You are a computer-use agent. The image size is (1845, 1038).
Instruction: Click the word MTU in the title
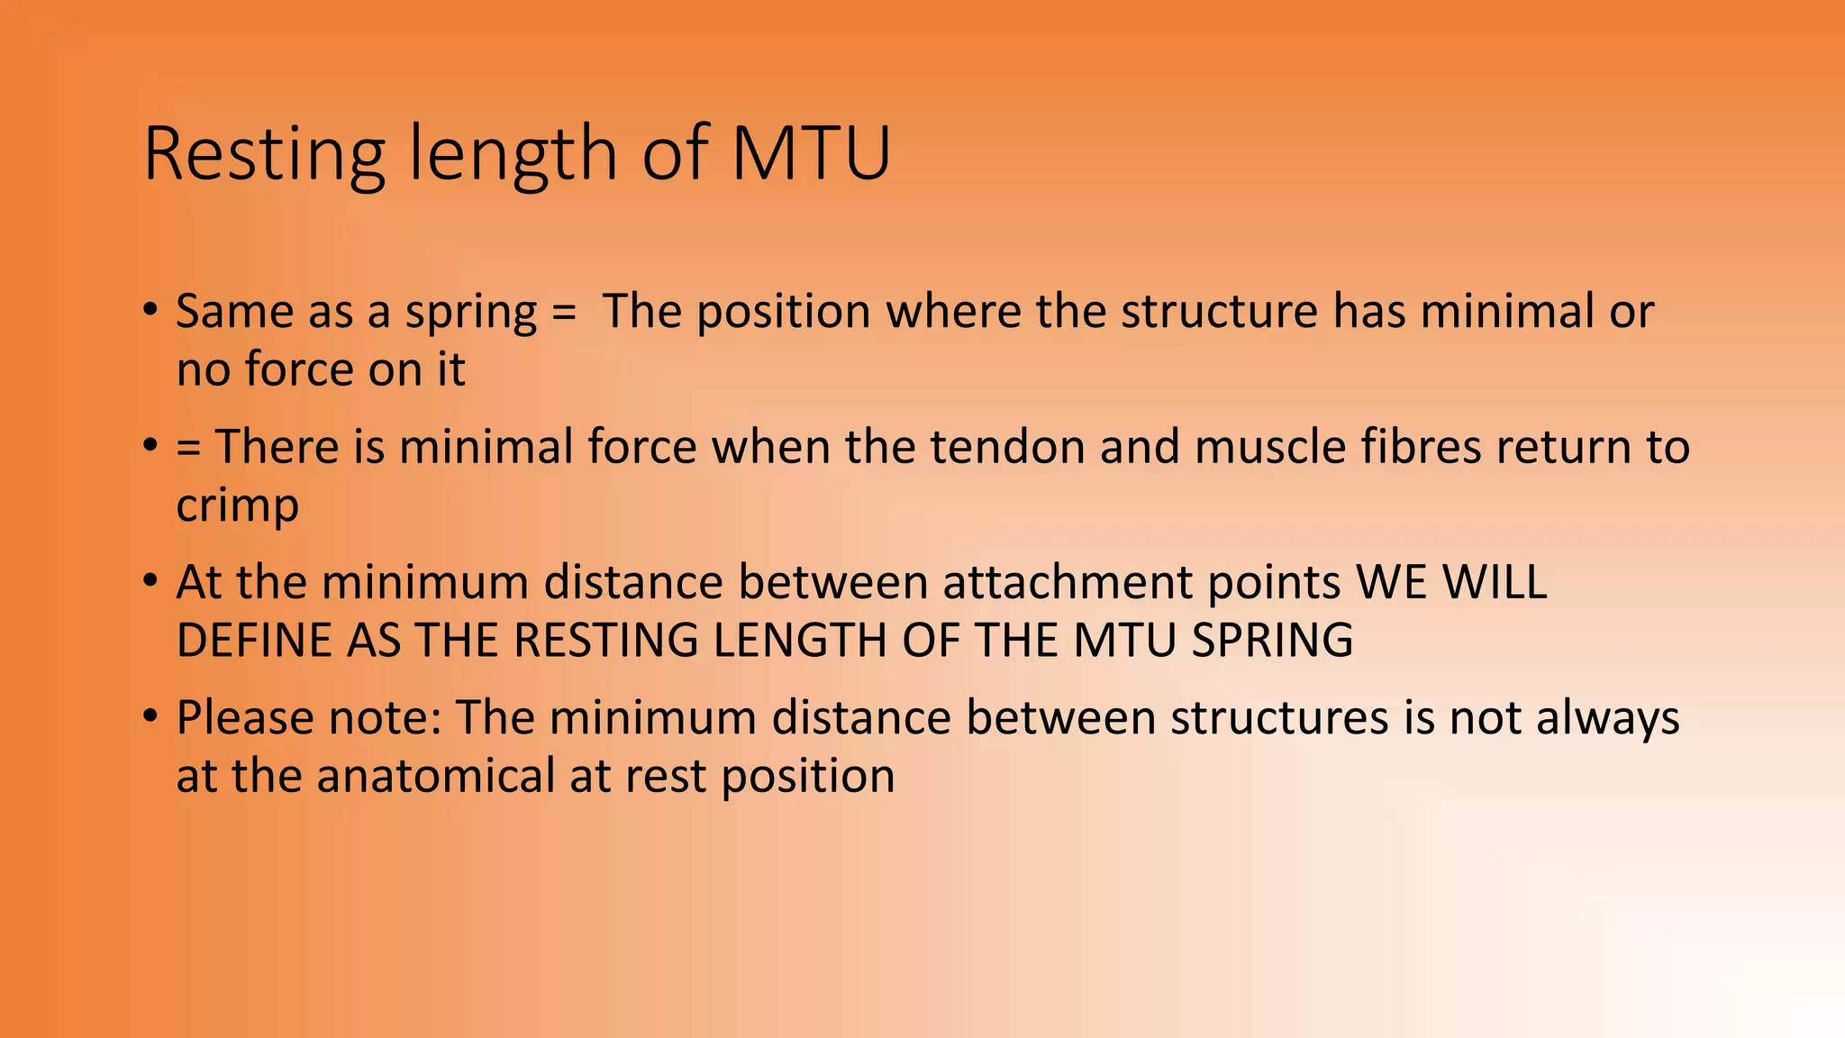pyautogui.click(x=810, y=153)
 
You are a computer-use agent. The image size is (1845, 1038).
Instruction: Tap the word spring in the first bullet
pyautogui.click(x=470, y=312)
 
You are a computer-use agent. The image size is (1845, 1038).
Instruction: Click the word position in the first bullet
pyautogui.click(x=783, y=312)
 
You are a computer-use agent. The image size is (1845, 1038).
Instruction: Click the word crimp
pyautogui.click(x=237, y=506)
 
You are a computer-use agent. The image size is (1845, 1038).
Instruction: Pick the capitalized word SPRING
pyautogui.click(x=1272, y=641)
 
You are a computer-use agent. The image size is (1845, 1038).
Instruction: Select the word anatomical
pyautogui.click(x=436, y=777)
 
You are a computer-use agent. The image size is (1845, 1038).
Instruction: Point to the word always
pyautogui.click(x=1607, y=719)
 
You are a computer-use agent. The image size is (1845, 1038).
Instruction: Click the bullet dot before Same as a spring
pyautogui.click(x=150, y=312)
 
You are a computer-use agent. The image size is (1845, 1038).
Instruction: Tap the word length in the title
pyautogui.click(x=514, y=153)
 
